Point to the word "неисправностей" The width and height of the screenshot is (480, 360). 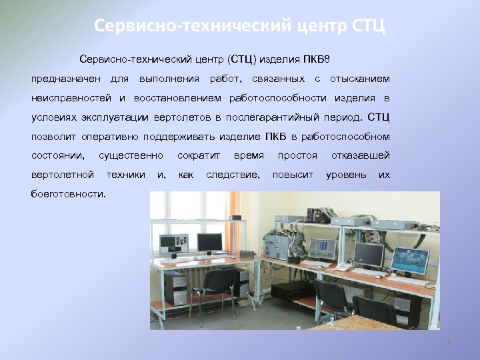tap(71, 99)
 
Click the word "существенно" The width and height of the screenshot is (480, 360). tap(131, 156)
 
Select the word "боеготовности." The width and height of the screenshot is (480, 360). tap(69, 194)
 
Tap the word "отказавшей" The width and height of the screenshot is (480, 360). tap(361, 156)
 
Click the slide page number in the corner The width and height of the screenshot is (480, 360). tap(449, 343)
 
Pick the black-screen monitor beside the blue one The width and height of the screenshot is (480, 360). tap(369, 253)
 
